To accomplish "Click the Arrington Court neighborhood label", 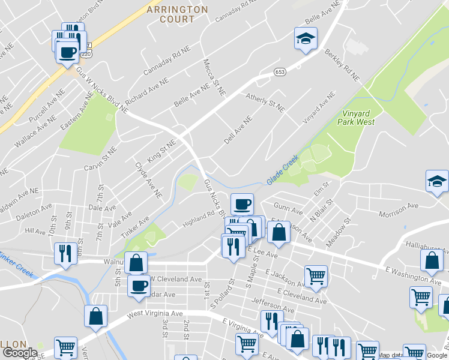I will click(177, 14).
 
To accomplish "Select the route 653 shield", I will click(281, 71).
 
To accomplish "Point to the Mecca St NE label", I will click(214, 77).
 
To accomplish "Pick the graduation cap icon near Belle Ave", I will click(306, 39).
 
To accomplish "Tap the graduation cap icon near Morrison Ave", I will click(437, 181).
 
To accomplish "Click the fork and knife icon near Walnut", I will click(65, 253).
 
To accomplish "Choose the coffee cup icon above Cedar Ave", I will click(139, 286).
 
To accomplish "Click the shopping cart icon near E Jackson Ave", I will click(316, 276).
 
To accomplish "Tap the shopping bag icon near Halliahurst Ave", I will click(432, 261).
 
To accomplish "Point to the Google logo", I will click(19, 353).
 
